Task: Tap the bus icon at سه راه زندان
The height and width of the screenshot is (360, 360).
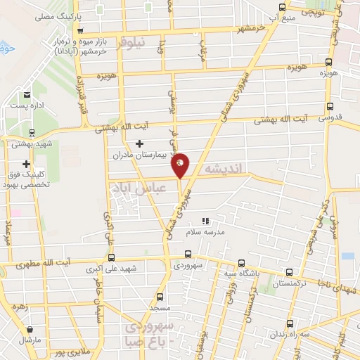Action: point(290,324)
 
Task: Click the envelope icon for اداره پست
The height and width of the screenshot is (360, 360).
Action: point(27,95)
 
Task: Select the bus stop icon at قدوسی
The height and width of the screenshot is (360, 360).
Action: point(329,107)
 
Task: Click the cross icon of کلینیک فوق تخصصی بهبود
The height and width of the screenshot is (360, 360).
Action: point(26,164)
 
